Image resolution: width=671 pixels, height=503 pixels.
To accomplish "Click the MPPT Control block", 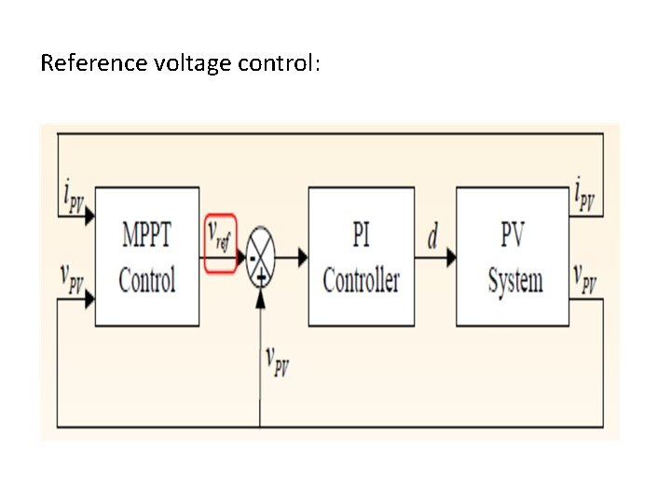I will pyautogui.click(x=147, y=256).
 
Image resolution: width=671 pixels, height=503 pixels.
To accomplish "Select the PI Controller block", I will pyautogui.click(x=361, y=256).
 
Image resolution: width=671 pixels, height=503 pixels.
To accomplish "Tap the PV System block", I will pyautogui.click(x=512, y=256).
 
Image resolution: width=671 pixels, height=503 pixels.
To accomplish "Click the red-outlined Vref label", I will pyautogui.click(x=221, y=244).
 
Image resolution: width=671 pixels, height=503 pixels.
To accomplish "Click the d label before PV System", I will pyautogui.click(x=432, y=238).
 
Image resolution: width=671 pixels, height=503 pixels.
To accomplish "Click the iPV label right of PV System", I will pyautogui.click(x=585, y=198).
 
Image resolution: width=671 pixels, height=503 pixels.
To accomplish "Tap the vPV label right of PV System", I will pyautogui.click(x=585, y=279).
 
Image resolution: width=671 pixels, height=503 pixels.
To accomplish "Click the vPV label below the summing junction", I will pyautogui.click(x=277, y=360).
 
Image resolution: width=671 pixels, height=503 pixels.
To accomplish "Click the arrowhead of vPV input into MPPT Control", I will pyautogui.click(x=89, y=299).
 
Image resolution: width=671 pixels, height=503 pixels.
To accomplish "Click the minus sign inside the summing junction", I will pyautogui.click(x=252, y=257).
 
